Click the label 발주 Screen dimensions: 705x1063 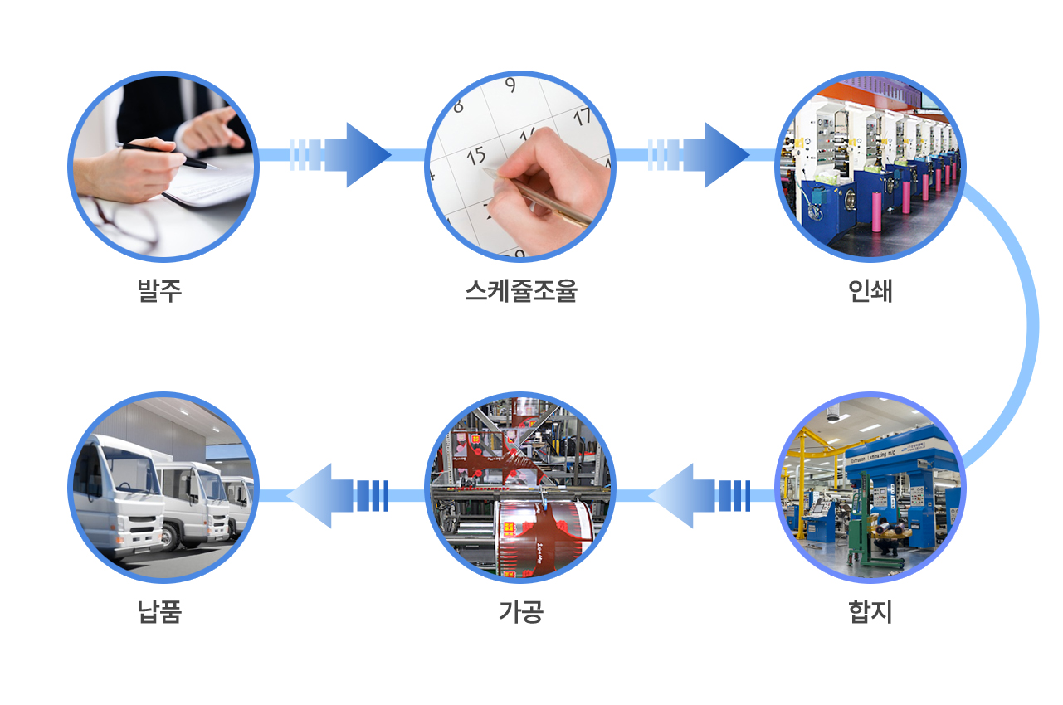(159, 291)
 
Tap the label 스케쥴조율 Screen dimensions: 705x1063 (520, 291)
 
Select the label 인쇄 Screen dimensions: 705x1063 (870, 291)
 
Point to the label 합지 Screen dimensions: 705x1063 (870, 612)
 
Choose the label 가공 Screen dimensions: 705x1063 (520, 612)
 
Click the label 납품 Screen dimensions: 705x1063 (159, 612)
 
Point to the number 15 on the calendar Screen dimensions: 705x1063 (475, 155)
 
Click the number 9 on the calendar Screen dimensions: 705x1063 (510, 85)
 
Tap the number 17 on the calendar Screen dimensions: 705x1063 (583, 115)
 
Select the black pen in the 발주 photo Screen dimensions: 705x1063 (166, 155)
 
